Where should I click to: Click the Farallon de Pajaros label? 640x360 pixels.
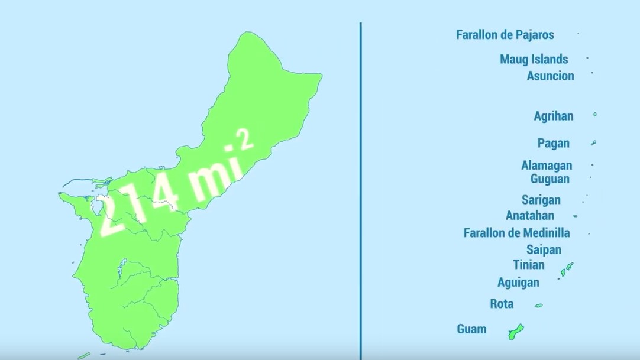[x=505, y=35]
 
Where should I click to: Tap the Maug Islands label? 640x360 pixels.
[x=534, y=59]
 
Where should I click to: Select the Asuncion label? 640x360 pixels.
[x=550, y=76]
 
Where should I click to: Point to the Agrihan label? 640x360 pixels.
[x=553, y=116]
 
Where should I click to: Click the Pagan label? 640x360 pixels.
[x=553, y=143]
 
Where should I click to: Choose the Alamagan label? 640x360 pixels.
[x=546, y=166]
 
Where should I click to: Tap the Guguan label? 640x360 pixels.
[x=550, y=179]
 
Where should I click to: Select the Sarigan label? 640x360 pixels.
[x=541, y=200]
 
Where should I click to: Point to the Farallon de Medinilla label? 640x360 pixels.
[x=516, y=233]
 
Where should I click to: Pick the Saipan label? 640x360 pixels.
[x=544, y=249]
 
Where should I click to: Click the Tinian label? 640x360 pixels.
[x=528, y=264]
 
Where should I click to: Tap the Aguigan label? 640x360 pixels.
[x=518, y=282]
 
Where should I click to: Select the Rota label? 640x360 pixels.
[x=502, y=304]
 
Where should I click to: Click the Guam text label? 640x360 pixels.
[x=471, y=329]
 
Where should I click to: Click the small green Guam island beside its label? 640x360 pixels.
[x=515, y=332]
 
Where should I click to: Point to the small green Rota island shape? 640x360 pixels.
[x=538, y=306]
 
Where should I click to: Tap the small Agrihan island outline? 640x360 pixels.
[x=595, y=115]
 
